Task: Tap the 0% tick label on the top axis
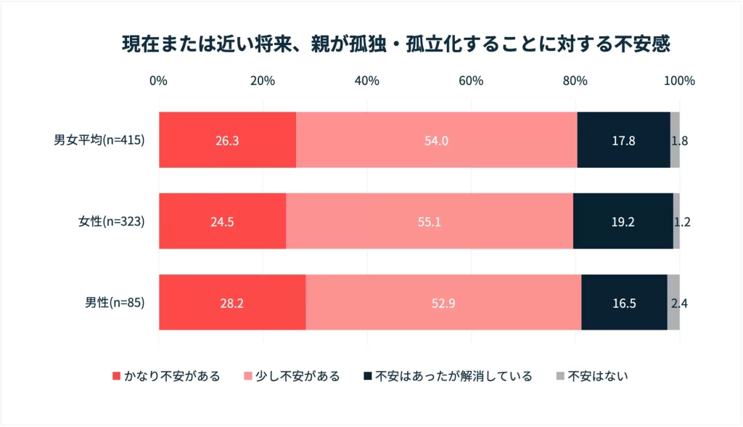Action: point(158,81)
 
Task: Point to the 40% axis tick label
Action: point(366,81)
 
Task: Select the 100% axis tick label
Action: point(679,81)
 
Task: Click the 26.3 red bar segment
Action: point(227,140)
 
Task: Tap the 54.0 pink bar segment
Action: point(436,140)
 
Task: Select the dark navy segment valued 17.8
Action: point(623,140)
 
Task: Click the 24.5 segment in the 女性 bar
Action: point(222,221)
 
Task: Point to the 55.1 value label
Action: point(429,221)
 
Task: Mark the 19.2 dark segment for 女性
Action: point(623,221)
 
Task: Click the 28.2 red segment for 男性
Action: point(232,303)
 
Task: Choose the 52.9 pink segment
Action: point(443,303)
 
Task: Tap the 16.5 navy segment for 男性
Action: point(624,303)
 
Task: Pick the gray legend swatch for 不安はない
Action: point(560,376)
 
